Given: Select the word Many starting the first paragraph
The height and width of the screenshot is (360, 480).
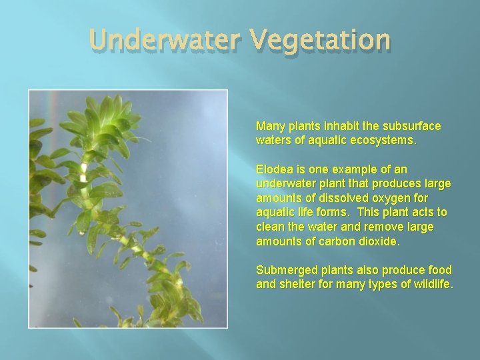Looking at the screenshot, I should [270, 126].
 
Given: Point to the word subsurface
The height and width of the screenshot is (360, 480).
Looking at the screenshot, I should [413, 126].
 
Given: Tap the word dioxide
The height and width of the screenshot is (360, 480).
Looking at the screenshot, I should [379, 241].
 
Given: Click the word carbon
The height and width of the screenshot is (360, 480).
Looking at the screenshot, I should [336, 241].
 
